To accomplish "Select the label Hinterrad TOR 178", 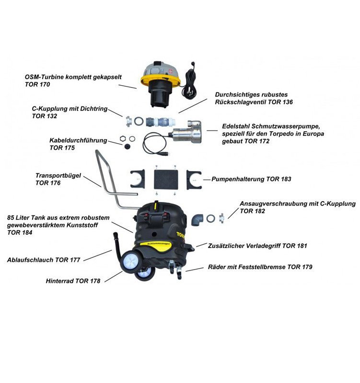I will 73,281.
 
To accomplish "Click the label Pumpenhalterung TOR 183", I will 252,179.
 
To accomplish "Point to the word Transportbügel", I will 58,175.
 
